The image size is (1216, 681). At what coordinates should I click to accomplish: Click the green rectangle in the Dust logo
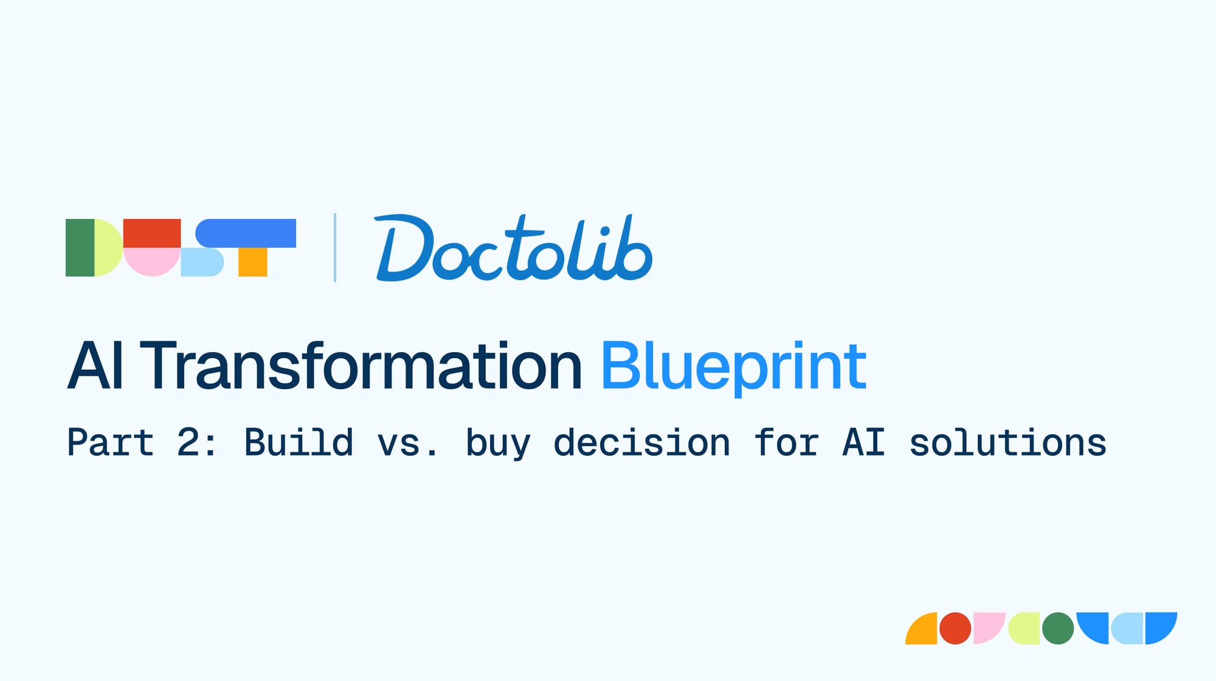tap(80, 247)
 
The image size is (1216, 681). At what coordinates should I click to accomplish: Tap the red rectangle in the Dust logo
tap(152, 233)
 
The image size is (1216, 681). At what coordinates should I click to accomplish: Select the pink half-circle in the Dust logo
tap(152, 262)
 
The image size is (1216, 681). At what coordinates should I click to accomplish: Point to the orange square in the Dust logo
tap(253, 262)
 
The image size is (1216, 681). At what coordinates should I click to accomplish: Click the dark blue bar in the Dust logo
tap(246, 233)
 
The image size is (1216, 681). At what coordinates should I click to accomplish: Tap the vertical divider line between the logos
tap(335, 247)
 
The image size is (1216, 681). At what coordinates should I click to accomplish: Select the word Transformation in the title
tap(361, 365)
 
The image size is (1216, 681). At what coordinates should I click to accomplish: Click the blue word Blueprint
tap(734, 368)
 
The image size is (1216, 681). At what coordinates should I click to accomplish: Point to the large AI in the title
tap(96, 365)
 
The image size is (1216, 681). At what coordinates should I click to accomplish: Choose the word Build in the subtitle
tap(299, 442)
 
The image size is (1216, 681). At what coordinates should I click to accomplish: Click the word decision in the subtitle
tap(641, 442)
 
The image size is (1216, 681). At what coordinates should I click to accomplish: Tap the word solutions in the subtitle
tap(1007, 442)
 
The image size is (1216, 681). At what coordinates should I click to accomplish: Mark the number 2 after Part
tap(188, 442)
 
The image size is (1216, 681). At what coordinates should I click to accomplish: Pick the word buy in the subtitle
tap(498, 444)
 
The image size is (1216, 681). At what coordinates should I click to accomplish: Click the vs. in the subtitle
tap(407, 445)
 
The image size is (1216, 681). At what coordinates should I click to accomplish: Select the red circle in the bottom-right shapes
tap(955, 628)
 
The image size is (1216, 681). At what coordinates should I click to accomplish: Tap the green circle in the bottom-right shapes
tap(1058, 628)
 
